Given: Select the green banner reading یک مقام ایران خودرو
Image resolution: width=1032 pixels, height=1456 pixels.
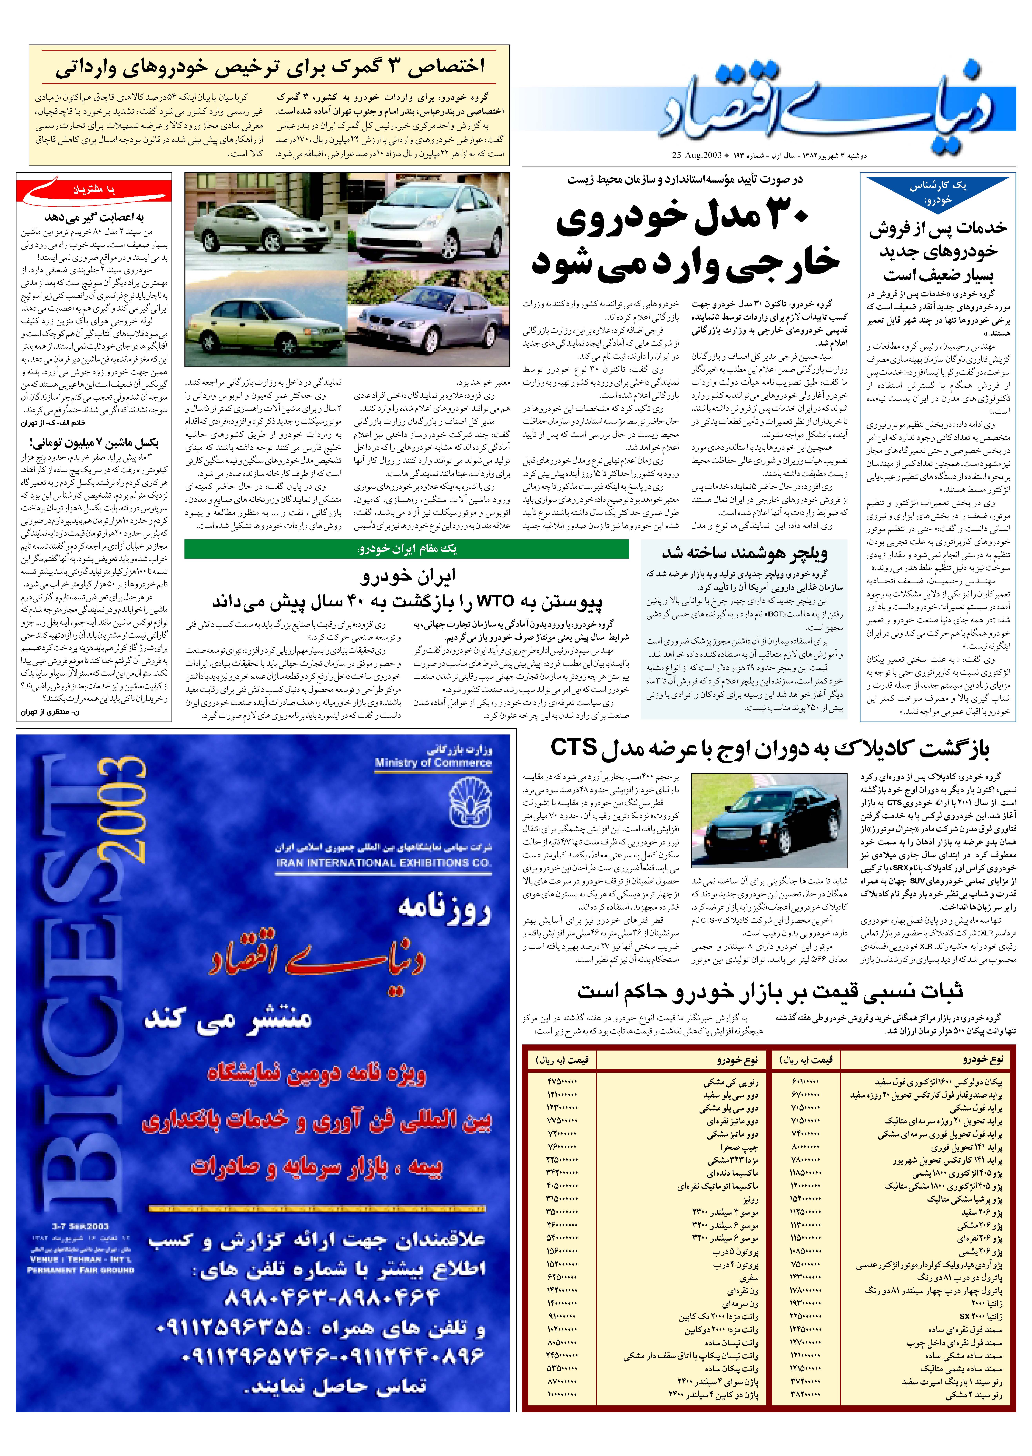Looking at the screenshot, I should [x=407, y=548].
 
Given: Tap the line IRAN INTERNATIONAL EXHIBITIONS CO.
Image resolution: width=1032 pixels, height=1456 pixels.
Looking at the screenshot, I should [x=383, y=863].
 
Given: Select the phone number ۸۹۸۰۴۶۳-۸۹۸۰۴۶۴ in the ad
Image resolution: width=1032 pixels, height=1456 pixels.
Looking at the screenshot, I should [x=332, y=1296].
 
